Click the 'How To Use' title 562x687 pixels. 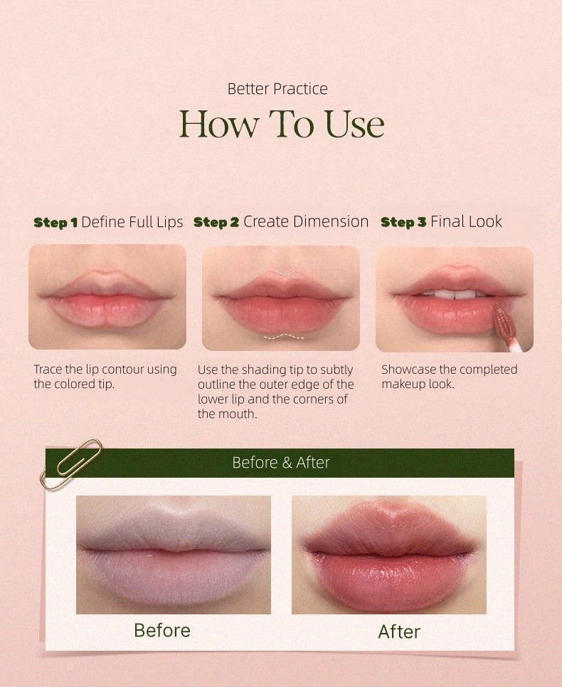coord(282,124)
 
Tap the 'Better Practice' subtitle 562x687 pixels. coord(277,89)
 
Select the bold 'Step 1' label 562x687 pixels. coord(55,222)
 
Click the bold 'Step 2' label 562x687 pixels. coord(216,222)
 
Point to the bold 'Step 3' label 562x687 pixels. coord(403,222)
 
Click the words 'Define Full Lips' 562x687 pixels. coord(132,222)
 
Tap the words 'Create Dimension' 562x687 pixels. coord(306,221)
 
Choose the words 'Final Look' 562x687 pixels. coord(466,221)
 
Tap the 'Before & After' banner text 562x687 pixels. coord(280,463)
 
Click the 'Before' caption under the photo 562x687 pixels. coord(162,631)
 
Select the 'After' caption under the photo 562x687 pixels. coord(399,631)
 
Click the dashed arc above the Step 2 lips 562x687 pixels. coord(284,273)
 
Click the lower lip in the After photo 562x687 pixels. coord(388,580)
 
